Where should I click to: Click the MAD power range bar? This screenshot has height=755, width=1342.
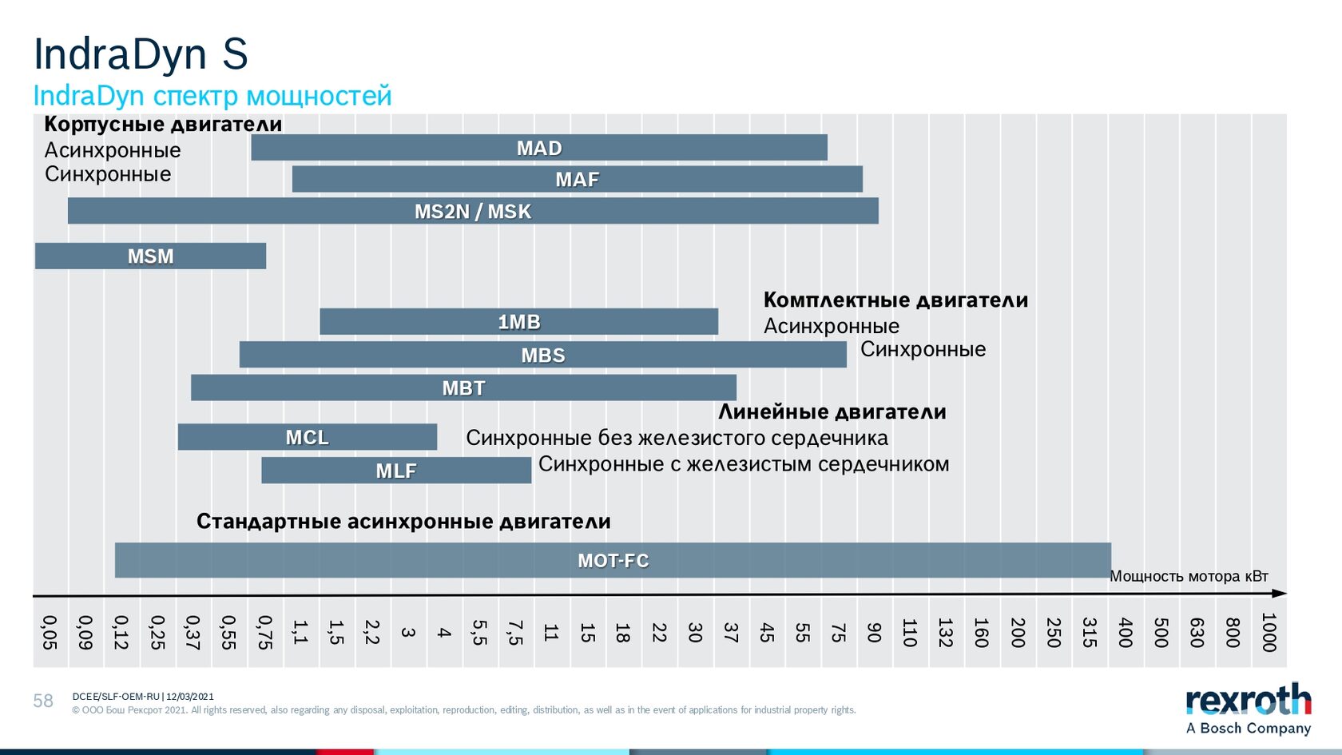pos(539,147)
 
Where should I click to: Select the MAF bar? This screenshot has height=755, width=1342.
pos(578,179)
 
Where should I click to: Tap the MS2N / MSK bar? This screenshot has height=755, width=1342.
pos(473,211)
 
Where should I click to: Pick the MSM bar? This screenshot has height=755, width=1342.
pos(150,256)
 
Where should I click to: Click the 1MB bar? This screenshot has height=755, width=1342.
pos(519,322)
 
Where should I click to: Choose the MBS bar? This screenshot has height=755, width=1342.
pos(543,355)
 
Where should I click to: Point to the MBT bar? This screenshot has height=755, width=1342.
pos(463,387)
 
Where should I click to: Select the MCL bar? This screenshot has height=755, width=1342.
pos(308,437)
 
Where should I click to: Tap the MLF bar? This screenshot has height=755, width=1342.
pos(396,471)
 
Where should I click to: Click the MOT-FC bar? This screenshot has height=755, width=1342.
pos(613,560)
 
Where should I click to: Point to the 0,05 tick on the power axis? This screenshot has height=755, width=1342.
pos(50,632)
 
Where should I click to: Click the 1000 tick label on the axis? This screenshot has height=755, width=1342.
pos(1269,632)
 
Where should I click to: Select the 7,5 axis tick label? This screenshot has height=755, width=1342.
pos(514,632)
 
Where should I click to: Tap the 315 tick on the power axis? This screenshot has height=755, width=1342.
pos(1090,632)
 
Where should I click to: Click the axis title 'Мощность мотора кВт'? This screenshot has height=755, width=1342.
pos(1189,577)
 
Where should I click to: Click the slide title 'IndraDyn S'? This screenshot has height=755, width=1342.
pos(141,54)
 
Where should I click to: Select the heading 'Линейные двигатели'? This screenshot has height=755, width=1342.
pos(832,411)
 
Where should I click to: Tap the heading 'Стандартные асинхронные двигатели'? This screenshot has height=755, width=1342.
pos(404,521)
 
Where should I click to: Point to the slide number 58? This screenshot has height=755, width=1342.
pos(43,701)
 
